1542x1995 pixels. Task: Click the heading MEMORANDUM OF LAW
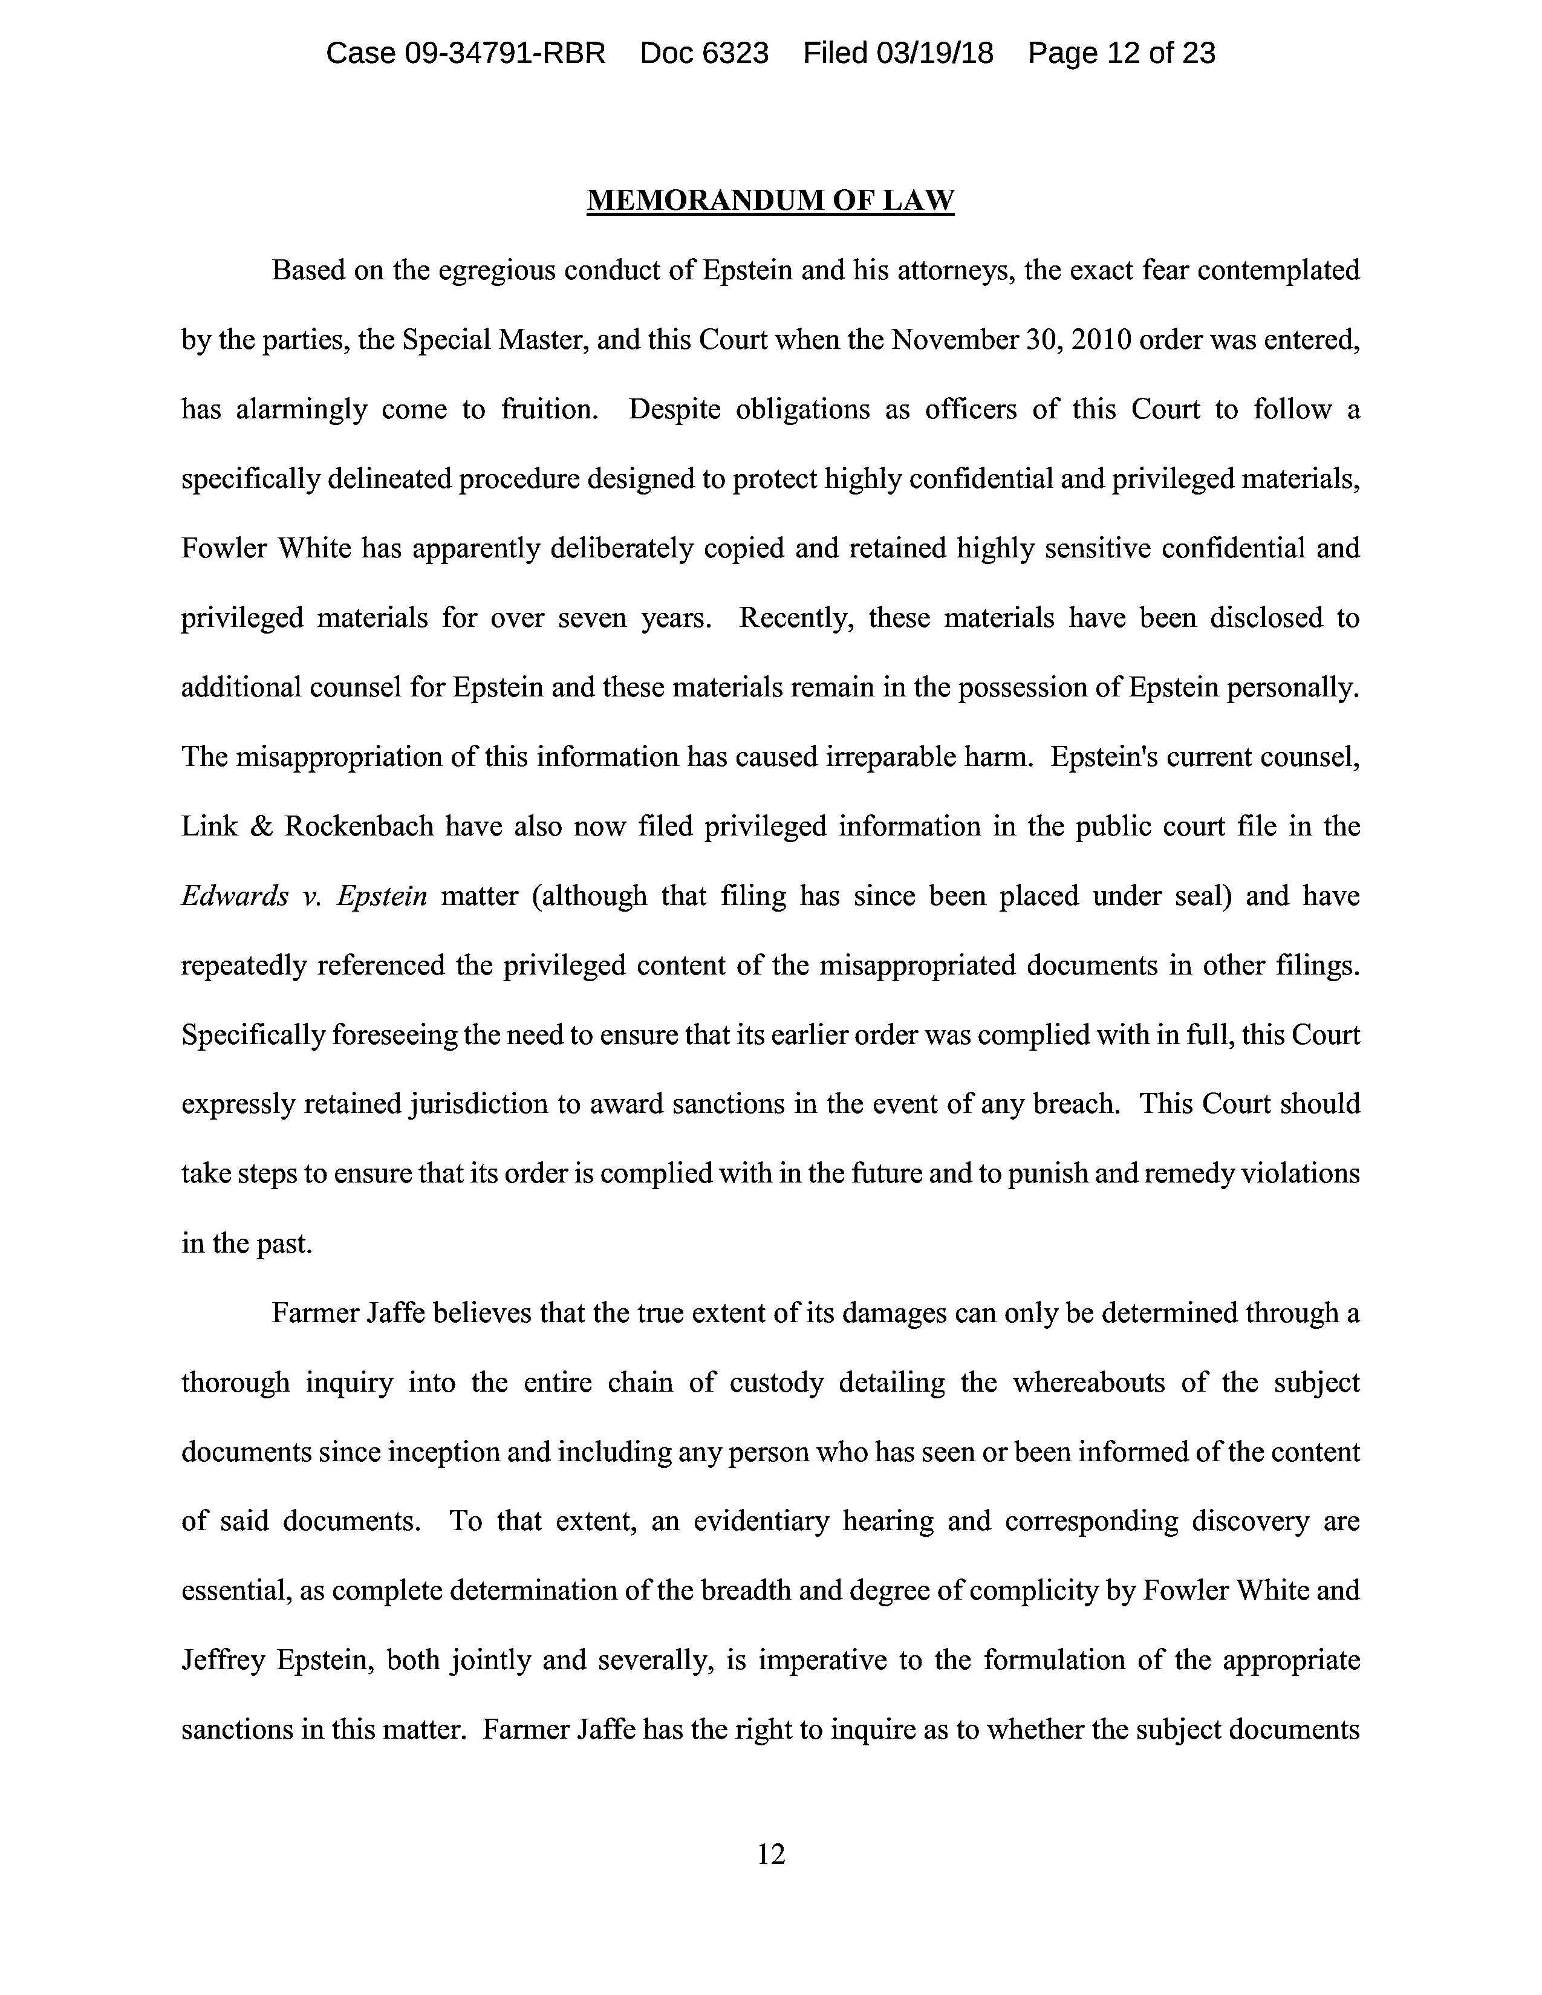[x=770, y=200]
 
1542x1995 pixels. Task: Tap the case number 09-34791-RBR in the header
[x=504, y=53]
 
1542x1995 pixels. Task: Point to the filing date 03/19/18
[x=934, y=53]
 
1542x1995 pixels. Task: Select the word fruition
[x=549, y=409]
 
